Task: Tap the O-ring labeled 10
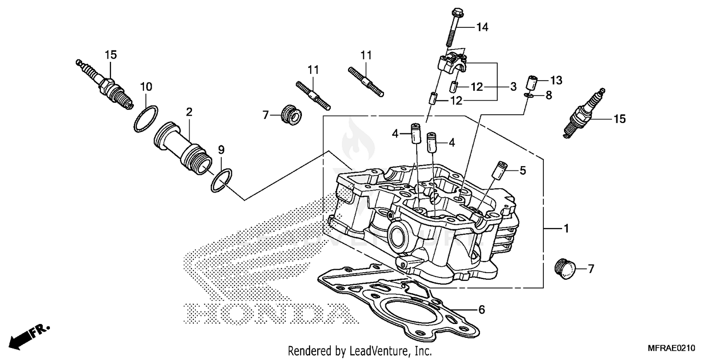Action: tap(146, 118)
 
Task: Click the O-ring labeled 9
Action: tap(222, 180)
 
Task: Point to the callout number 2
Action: tap(189, 112)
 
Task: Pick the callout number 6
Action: tap(481, 310)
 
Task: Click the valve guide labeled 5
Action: tap(499, 170)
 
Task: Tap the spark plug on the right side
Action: tap(583, 114)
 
